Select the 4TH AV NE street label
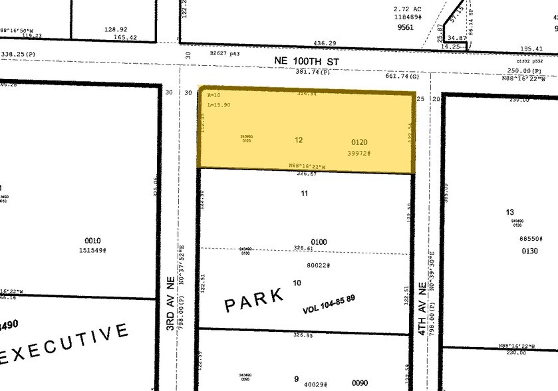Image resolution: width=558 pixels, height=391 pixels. point(422,309)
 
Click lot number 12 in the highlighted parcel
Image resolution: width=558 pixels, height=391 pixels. point(299,140)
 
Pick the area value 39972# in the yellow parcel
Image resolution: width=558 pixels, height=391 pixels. point(358,153)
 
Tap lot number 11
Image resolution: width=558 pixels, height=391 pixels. point(305,194)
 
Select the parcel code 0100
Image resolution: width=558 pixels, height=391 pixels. point(319,242)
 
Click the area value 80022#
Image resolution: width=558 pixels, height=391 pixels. point(319,266)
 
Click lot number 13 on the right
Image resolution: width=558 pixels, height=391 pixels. point(510,212)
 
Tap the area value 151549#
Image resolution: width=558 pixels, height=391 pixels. point(93,251)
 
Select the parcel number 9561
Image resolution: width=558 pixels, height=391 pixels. point(406,27)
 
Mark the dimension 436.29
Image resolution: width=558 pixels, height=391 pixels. point(325,43)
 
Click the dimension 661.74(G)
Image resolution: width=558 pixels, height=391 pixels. point(402,76)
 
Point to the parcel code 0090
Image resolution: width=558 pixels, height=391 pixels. point(360,383)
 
